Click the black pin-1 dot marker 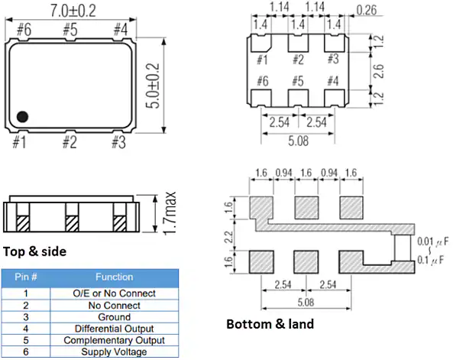[x=22, y=116]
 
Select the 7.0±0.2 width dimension [x=73, y=11]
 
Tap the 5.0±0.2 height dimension [x=153, y=86]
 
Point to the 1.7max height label [x=170, y=213]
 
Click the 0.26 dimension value [x=367, y=10]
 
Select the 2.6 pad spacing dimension [x=378, y=71]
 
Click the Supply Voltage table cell [x=114, y=352]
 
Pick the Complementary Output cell [x=114, y=340]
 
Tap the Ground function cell [x=114, y=317]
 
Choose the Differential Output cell [x=114, y=329]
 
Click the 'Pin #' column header [x=26, y=277]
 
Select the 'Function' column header [x=115, y=277]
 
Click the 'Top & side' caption [x=34, y=251]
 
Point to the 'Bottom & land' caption [x=270, y=324]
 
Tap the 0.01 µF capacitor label [x=433, y=242]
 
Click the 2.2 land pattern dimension [x=229, y=237]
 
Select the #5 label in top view [x=70, y=29]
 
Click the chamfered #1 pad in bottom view [x=261, y=43]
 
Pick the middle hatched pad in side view [x=72, y=223]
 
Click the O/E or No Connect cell [x=114, y=294]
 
